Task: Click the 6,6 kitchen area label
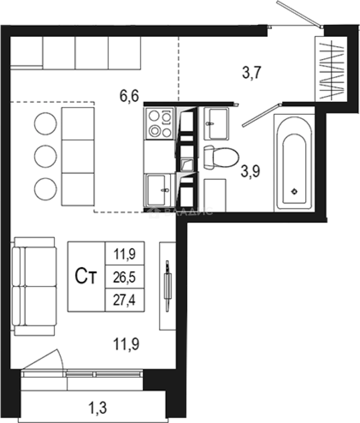(130, 96)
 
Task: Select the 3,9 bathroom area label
(251, 171)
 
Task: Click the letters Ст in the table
(86, 277)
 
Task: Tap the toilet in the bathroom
(221, 157)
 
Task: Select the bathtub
(295, 162)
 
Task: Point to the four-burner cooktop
(159, 123)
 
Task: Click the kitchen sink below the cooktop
(158, 190)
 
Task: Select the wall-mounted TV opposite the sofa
(167, 286)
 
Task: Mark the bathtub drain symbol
(295, 191)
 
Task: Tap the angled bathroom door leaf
(261, 115)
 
